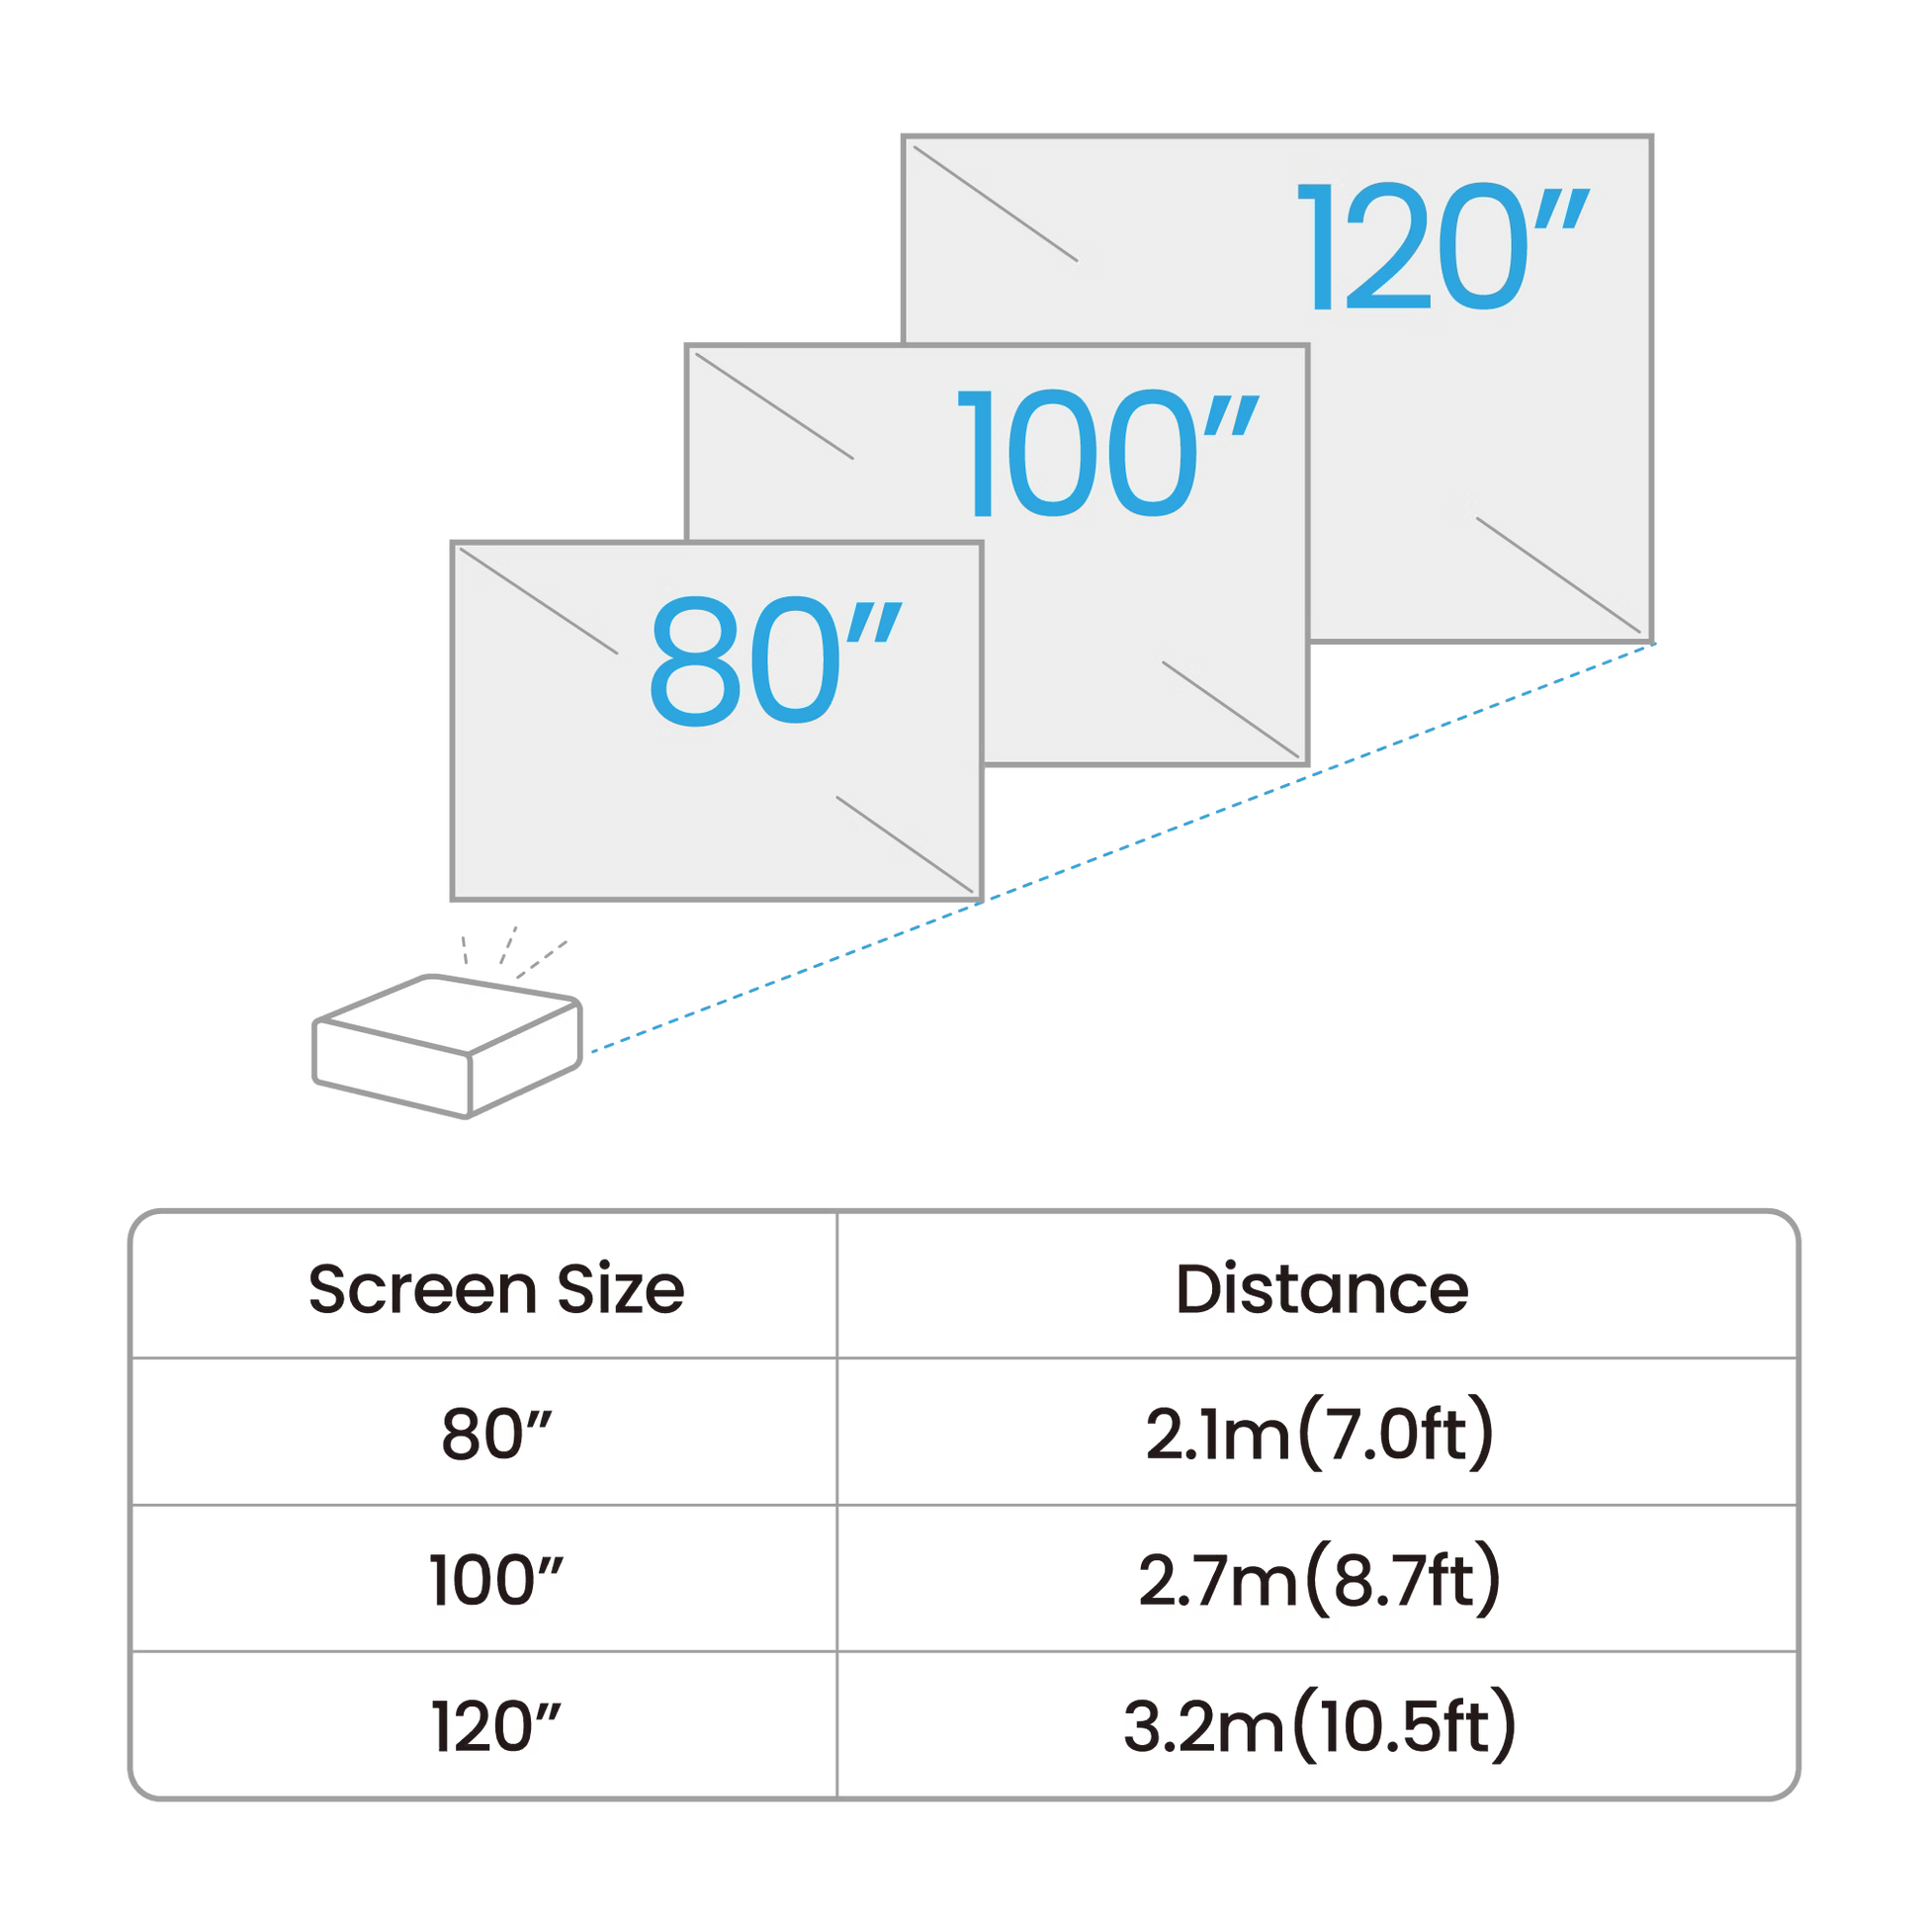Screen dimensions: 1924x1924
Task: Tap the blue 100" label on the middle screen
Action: [x=1105, y=454]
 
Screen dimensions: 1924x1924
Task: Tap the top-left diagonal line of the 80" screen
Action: [x=538, y=603]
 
